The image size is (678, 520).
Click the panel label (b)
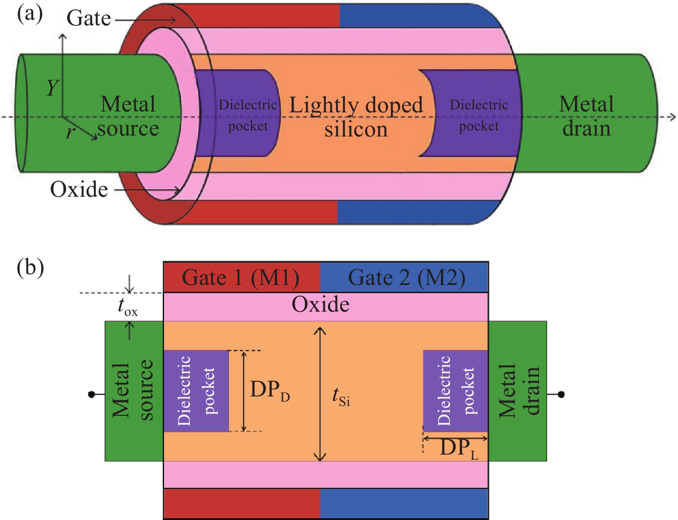click(30, 268)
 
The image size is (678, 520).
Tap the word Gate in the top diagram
click(89, 18)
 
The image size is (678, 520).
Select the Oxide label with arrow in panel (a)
click(79, 189)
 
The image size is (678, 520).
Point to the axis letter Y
click(52, 88)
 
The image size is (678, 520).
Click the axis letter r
click(70, 132)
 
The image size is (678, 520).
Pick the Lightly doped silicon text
click(356, 117)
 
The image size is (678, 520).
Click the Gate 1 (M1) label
click(241, 278)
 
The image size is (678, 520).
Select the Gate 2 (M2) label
click(406, 278)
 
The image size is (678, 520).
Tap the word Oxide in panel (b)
click(321, 305)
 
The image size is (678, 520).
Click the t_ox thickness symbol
click(127, 307)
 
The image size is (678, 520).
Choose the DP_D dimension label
click(270, 390)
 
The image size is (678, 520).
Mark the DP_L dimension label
click(459, 449)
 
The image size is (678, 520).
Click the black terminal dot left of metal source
click(91, 394)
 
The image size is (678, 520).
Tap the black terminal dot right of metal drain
click(561, 394)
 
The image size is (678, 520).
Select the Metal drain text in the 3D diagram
click(586, 117)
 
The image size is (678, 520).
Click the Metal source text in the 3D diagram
click(128, 117)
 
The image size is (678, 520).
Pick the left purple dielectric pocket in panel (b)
click(196, 391)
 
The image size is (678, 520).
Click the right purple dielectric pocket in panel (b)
click(455, 391)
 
